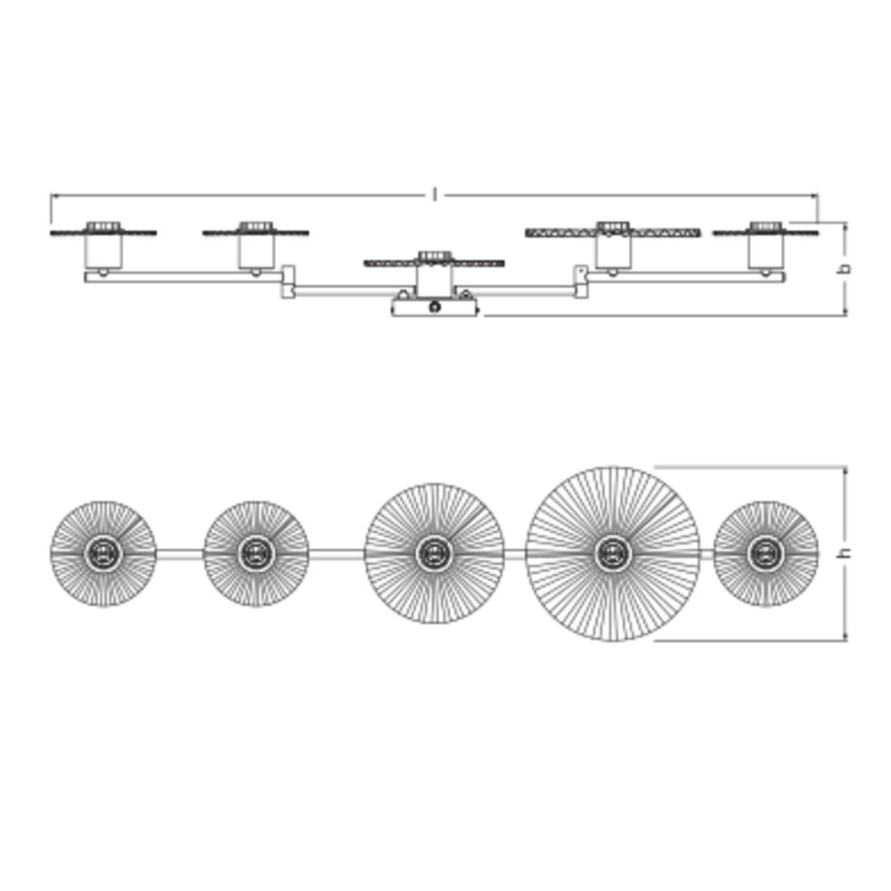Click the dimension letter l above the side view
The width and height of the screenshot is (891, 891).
coord(436,195)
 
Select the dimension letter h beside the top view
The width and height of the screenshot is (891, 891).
coord(846,552)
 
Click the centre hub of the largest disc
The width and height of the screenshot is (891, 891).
coord(613,553)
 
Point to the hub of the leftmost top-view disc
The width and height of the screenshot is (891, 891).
coord(102,553)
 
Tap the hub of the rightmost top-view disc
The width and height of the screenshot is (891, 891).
coord(765,553)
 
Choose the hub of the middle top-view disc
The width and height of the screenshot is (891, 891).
coord(434,553)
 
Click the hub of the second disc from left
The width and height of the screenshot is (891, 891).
coord(256,553)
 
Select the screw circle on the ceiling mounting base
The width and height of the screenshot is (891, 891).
coord(436,307)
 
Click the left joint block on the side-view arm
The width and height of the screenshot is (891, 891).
coord(289,282)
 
